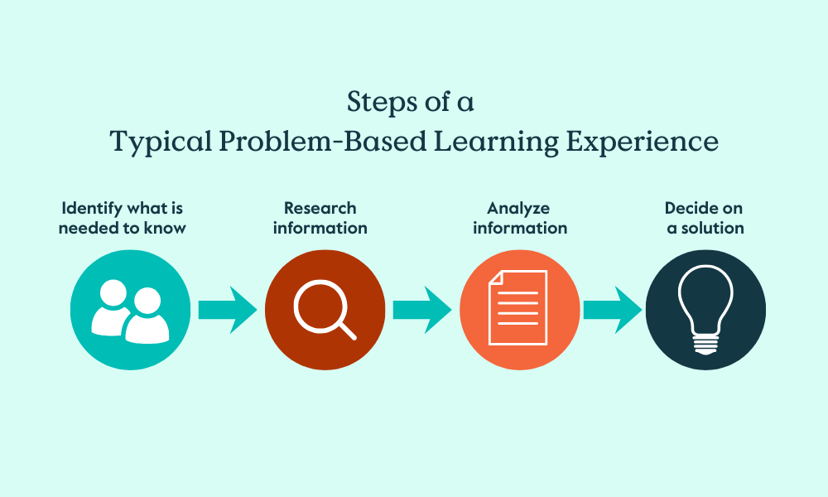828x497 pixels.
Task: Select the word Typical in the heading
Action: (161, 142)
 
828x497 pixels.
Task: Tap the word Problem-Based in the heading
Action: (323, 141)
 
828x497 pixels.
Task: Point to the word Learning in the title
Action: (496, 142)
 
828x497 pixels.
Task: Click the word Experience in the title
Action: (643, 142)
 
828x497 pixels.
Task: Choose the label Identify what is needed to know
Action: (122, 218)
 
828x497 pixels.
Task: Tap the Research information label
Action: (320, 218)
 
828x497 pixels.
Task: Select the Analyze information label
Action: (520, 218)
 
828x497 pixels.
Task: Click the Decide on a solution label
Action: (705, 218)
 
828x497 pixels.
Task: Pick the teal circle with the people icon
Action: (131, 310)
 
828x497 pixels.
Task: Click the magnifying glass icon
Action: (324, 310)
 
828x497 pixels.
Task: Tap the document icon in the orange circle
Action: (518, 308)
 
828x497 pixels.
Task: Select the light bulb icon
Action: (705, 310)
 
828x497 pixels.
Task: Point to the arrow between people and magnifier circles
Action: (228, 310)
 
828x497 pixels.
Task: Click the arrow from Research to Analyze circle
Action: (422, 310)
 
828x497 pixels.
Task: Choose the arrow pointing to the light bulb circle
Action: (613, 310)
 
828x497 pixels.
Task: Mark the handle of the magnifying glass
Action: (347, 331)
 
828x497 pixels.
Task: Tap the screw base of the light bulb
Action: (705, 346)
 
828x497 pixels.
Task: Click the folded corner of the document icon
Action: (495, 277)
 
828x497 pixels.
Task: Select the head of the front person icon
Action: (147, 301)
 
